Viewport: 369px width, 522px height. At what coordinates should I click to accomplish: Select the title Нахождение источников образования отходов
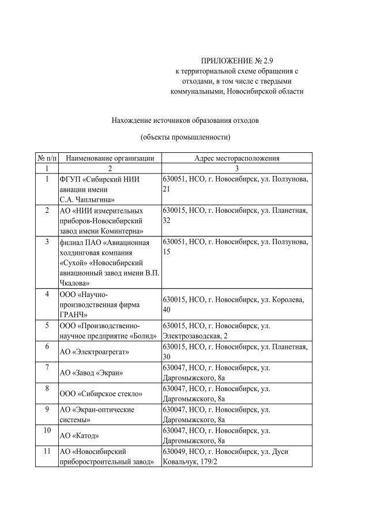coord(185,121)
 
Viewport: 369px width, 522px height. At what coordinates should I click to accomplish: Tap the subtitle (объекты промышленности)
coord(185,137)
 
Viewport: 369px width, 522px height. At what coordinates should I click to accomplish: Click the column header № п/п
coord(46,157)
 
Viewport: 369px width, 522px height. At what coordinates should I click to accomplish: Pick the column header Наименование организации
coord(109,157)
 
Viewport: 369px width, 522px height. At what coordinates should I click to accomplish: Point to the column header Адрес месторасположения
coord(236,157)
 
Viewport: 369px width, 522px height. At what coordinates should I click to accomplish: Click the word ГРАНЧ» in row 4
coord(74,314)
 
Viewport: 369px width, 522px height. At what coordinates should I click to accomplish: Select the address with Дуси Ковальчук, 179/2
coord(225,457)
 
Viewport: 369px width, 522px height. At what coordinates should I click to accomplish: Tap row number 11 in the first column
coord(46,452)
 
